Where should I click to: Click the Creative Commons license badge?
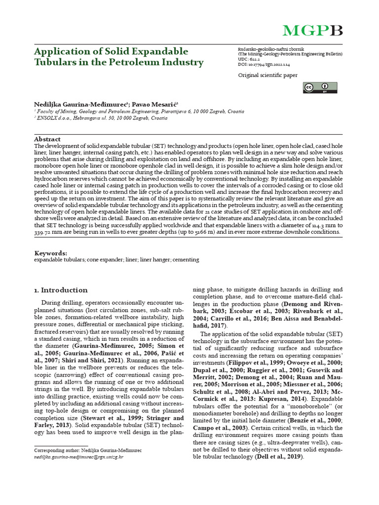coord(320,88)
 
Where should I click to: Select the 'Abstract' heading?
coord(47,140)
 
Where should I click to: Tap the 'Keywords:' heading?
coord(50,252)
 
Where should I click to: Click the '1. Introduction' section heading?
coord(61,290)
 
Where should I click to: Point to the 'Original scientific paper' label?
coord(267,75)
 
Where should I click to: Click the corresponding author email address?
coord(79,457)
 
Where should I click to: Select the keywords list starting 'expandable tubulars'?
coord(116,259)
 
